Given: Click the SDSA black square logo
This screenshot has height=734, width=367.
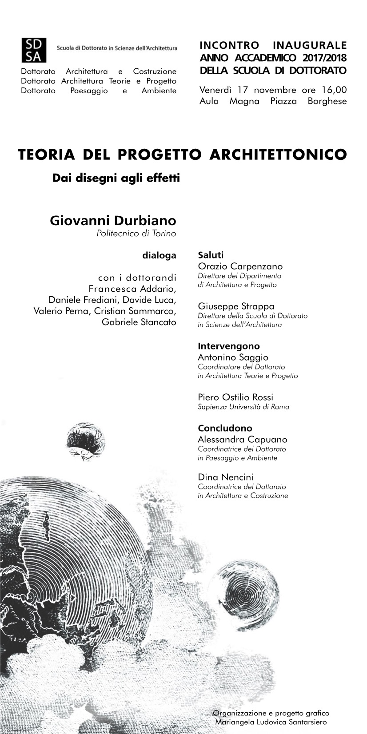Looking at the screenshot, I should [32, 50].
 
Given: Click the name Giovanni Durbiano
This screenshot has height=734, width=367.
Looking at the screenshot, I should [113, 221].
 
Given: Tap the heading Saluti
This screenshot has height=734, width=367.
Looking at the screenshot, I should [211, 255].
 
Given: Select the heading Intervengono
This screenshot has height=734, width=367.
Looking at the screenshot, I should [229, 346].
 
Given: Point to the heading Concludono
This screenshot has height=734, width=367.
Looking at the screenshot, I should [225, 428].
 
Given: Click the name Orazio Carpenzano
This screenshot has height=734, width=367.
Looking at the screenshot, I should [240, 266].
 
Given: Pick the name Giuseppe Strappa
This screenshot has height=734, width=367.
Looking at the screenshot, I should [236, 306].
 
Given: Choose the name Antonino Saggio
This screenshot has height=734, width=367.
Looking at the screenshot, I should [233, 357].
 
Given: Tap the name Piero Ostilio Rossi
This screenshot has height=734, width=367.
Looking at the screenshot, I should [235, 397].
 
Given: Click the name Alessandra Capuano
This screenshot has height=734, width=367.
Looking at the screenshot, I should [243, 439].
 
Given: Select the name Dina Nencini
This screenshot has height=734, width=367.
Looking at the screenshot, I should [226, 477].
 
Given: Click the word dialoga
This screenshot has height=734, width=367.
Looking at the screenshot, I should [159, 255].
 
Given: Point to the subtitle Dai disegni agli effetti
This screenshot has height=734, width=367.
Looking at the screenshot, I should [116, 179].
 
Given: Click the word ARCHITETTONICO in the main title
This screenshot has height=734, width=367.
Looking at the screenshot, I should [278, 155].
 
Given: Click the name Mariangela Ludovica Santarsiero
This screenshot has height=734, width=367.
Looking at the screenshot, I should [271, 722].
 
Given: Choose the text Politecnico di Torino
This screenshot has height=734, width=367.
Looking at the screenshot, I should [136, 234].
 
